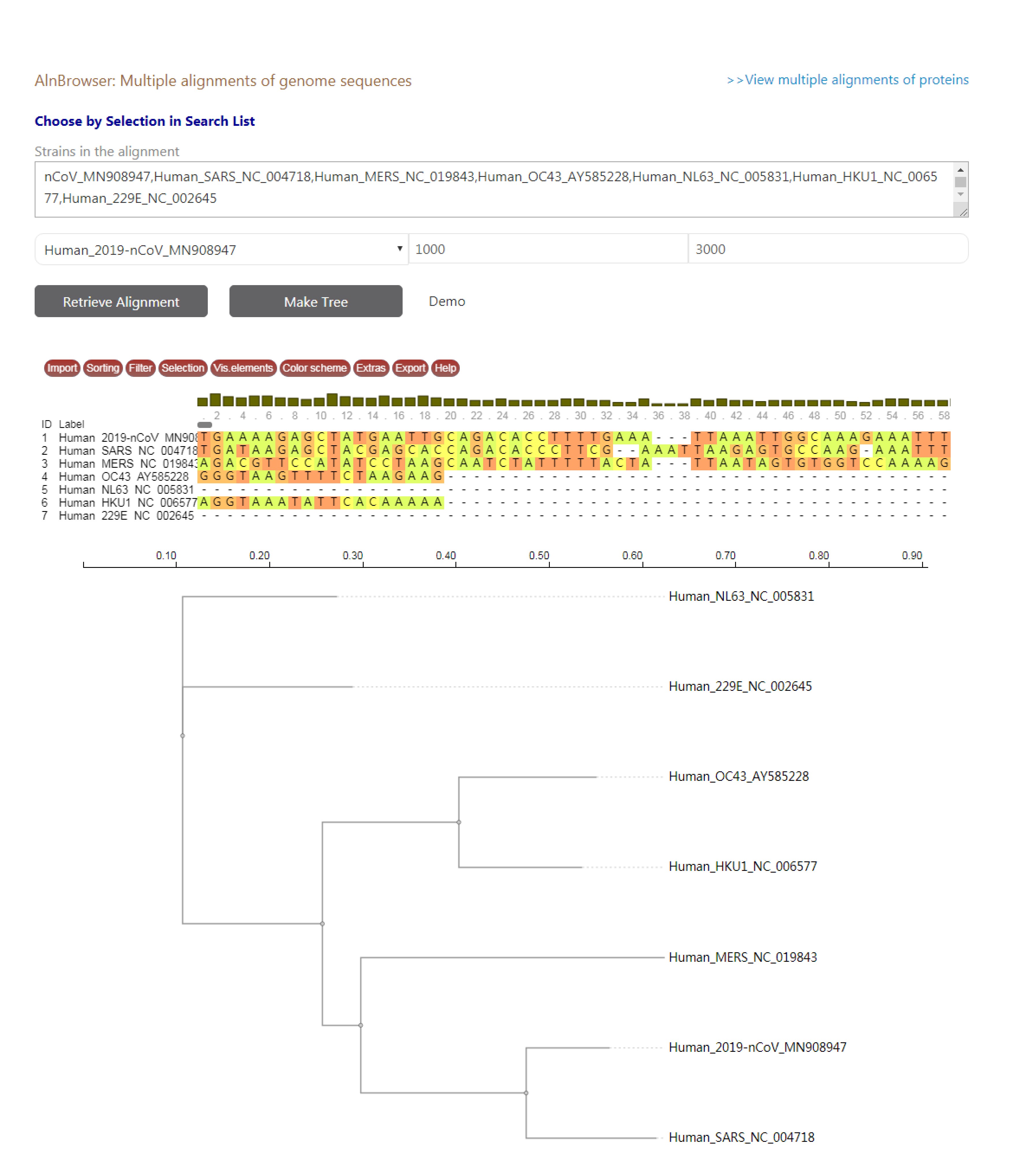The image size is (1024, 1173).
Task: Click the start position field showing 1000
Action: (x=547, y=249)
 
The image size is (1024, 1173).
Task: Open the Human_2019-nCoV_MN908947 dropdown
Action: (x=221, y=250)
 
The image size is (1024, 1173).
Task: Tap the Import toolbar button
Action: (x=62, y=368)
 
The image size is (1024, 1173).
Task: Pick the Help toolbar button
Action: (x=445, y=368)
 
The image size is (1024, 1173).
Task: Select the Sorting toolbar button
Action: (x=103, y=368)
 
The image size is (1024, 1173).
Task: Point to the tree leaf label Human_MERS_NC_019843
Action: (x=742, y=957)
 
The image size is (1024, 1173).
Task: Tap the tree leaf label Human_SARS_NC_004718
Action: (x=741, y=1137)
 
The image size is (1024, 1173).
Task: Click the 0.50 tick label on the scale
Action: (x=539, y=555)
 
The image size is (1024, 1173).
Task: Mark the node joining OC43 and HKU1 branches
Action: (x=459, y=822)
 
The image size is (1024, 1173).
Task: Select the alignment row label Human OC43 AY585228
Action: (x=124, y=476)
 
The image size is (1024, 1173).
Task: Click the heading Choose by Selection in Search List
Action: (x=145, y=121)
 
